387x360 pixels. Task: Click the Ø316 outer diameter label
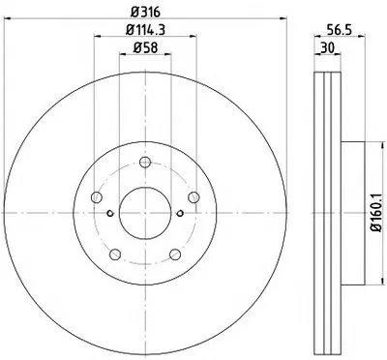pyautogui.click(x=145, y=12)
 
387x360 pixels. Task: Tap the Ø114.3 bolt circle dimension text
pyautogui.click(x=145, y=30)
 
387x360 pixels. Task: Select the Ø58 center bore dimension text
pyautogui.click(x=145, y=48)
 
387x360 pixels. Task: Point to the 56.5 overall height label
pyautogui.click(x=339, y=30)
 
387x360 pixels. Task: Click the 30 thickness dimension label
pyautogui.click(x=327, y=48)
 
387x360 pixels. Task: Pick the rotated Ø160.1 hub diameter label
pyautogui.click(x=376, y=213)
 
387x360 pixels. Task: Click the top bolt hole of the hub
pyautogui.click(x=145, y=162)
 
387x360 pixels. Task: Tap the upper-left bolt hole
pyautogui.click(x=97, y=197)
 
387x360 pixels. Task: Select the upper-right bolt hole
pyautogui.click(x=193, y=197)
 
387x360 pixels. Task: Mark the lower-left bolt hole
pyautogui.click(x=115, y=255)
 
